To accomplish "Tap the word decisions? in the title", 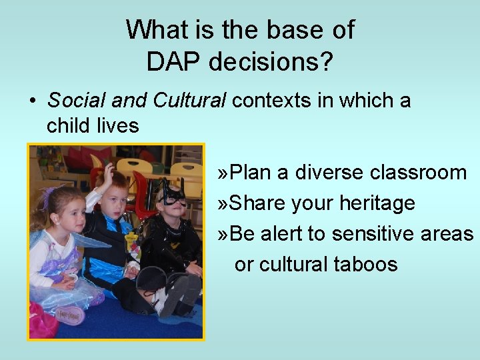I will click(271, 62).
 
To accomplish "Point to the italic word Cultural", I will click(189, 101).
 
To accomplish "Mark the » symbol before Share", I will click(224, 203).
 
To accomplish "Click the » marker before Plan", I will click(224, 173).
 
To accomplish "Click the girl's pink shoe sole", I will click(63, 314).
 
